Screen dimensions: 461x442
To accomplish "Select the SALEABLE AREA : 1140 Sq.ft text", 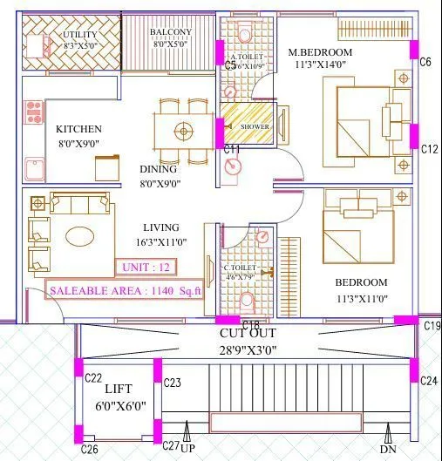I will (124, 291).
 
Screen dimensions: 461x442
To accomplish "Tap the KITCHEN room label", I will (78, 129).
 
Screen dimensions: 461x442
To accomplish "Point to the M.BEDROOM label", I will (319, 52).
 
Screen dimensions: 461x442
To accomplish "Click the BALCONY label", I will (170, 32).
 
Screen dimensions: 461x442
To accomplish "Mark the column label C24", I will (428, 381).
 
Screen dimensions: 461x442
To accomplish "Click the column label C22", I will (94, 377).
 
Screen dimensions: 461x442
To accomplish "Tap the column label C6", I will (425, 62).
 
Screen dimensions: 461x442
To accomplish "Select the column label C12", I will (428, 150).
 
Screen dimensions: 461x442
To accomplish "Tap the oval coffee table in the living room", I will (79, 236).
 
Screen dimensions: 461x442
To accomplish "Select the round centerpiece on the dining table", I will (183, 132).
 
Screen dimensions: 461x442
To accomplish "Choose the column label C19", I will (432, 325).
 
